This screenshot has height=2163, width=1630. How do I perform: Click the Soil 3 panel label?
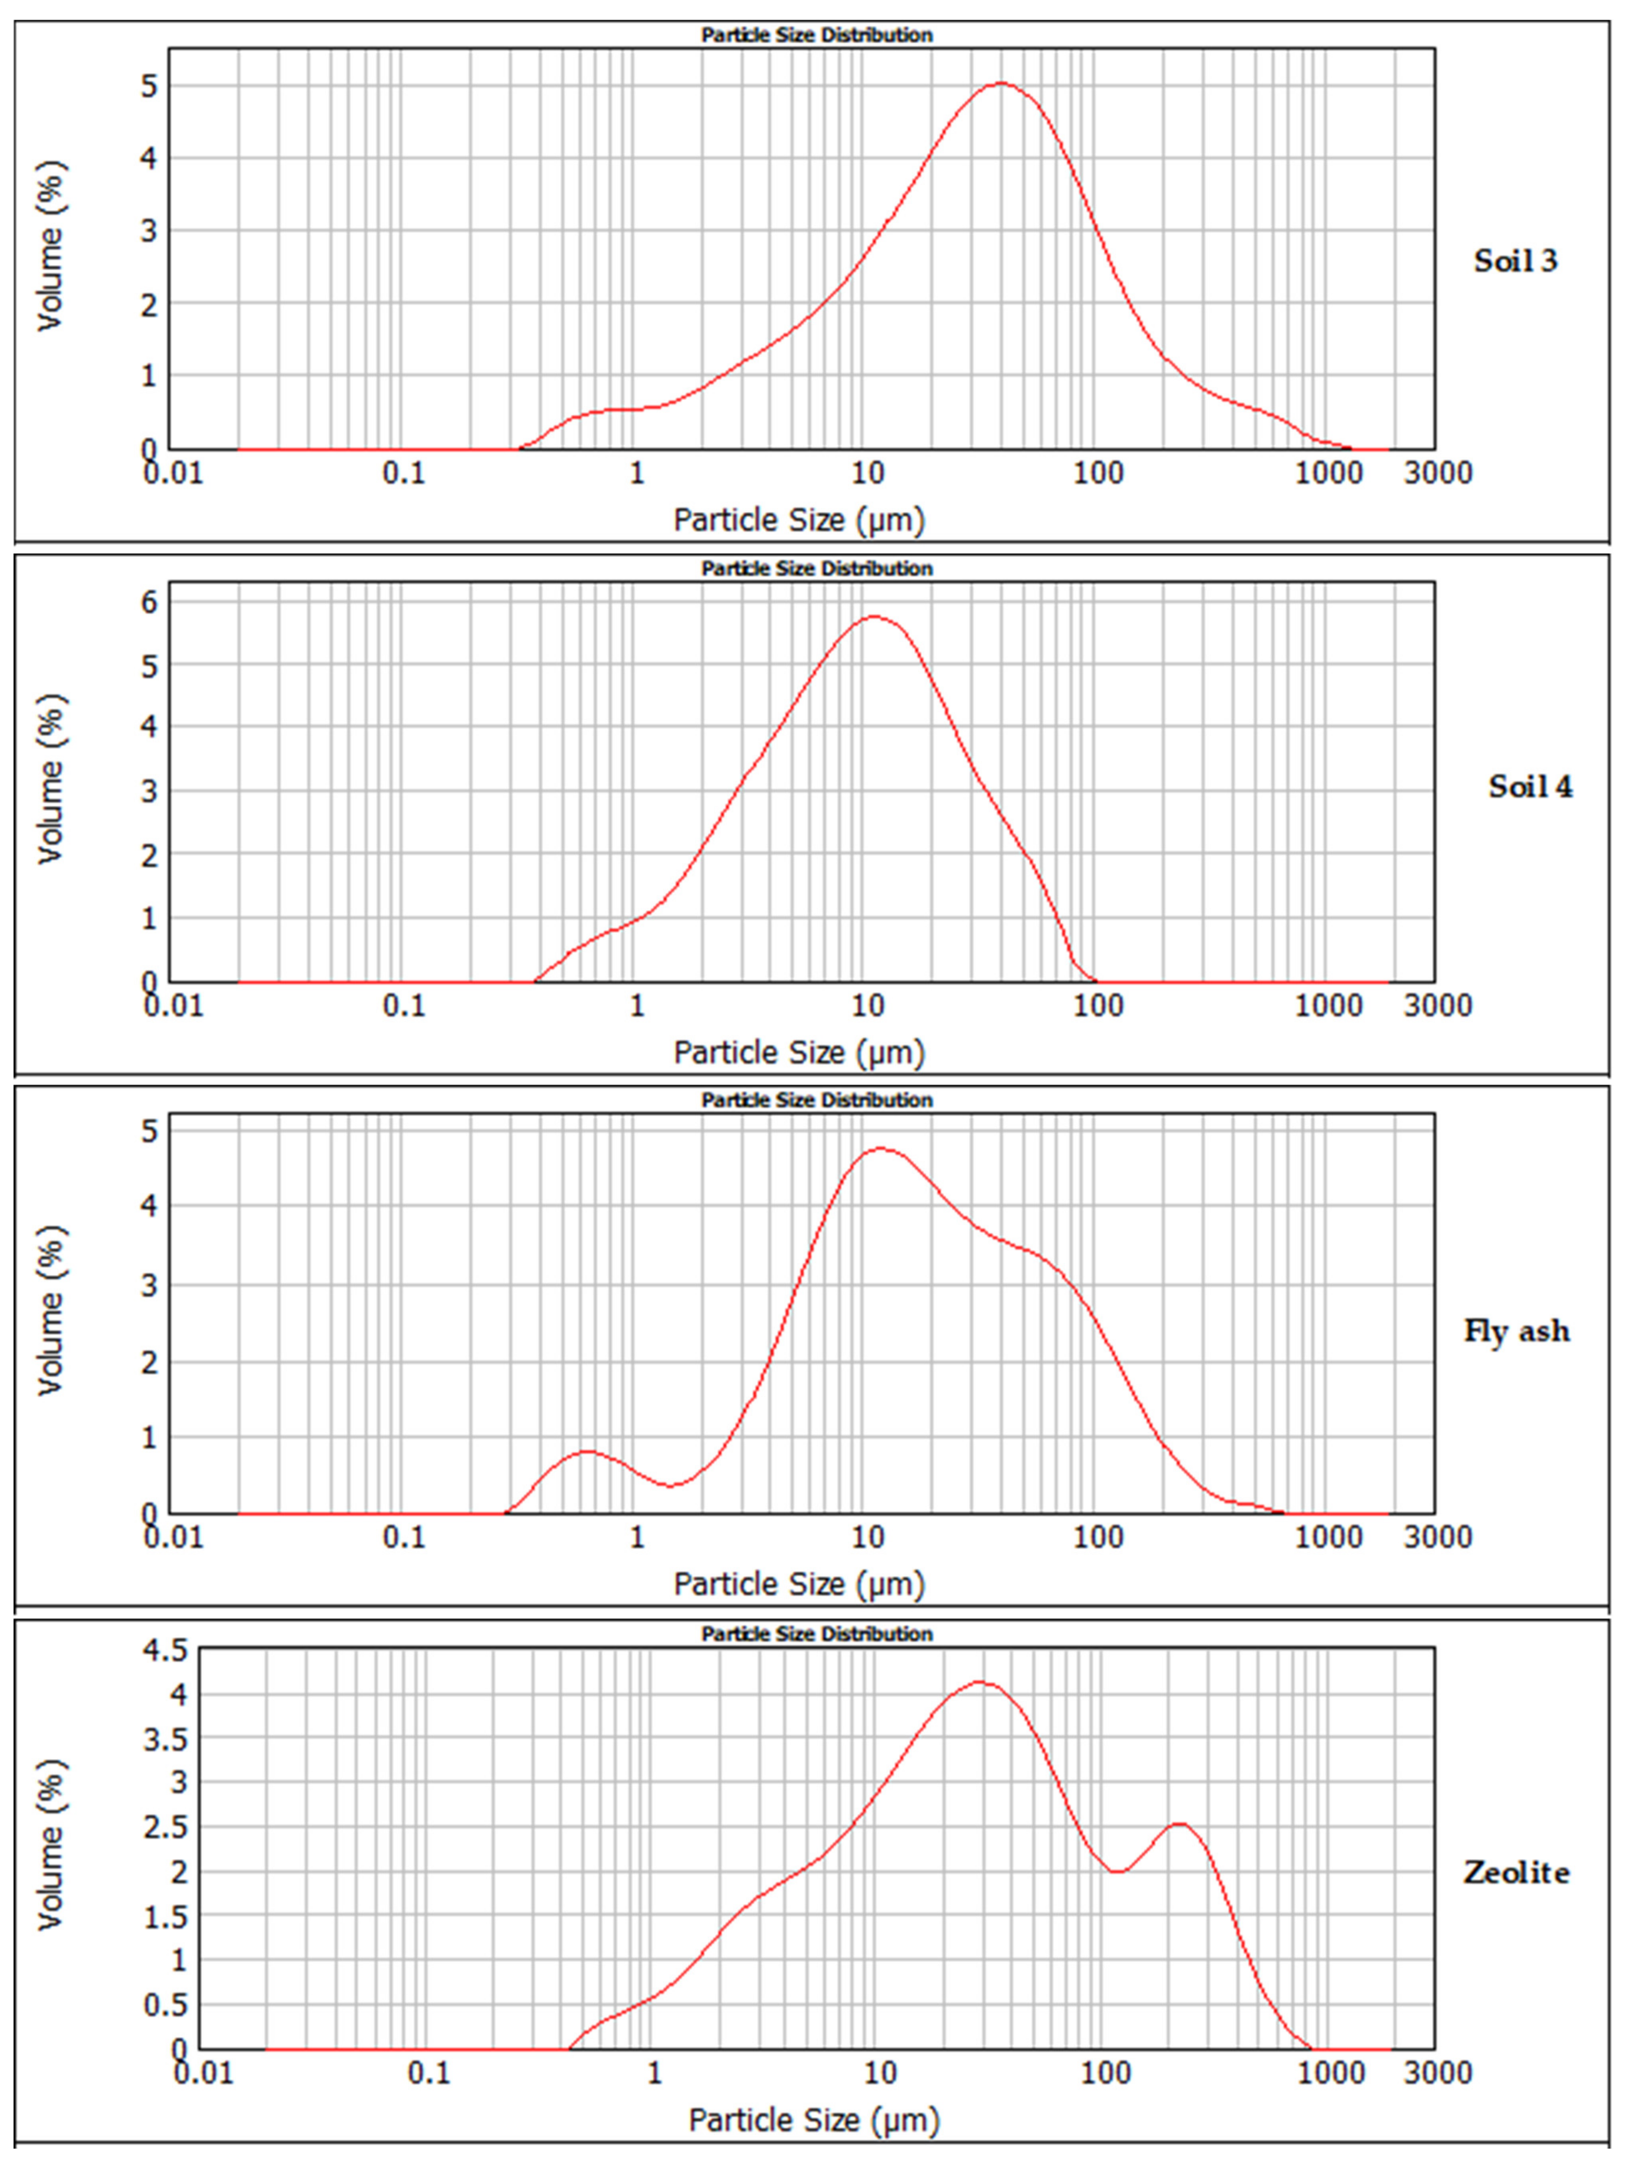coord(1514,261)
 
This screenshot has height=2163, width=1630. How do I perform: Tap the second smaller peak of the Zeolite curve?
coord(1179,1825)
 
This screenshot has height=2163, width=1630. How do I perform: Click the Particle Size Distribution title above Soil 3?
coord(817,35)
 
